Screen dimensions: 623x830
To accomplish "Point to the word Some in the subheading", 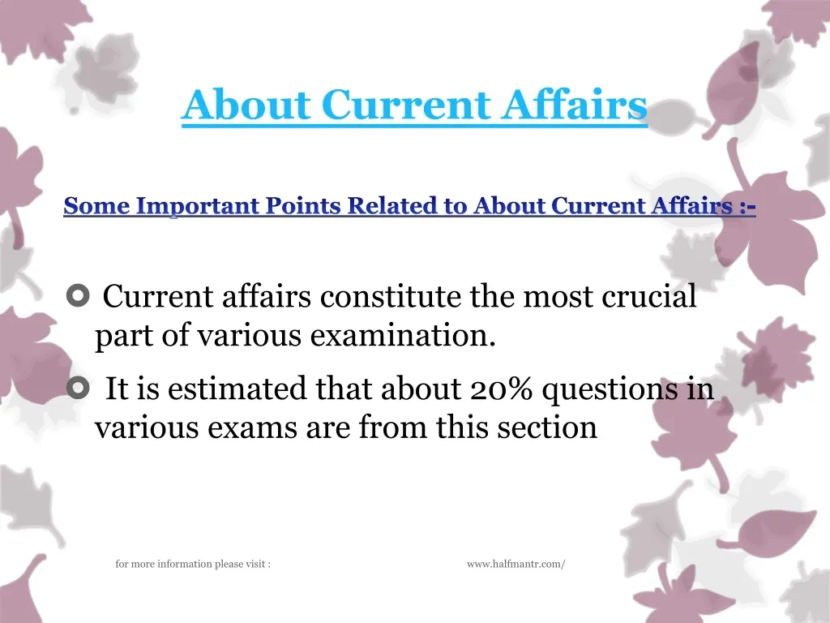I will [x=96, y=207].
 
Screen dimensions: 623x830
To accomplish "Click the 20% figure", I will [x=501, y=390].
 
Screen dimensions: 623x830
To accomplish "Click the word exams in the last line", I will [x=259, y=428].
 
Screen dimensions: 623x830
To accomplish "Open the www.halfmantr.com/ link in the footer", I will [x=516, y=564].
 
